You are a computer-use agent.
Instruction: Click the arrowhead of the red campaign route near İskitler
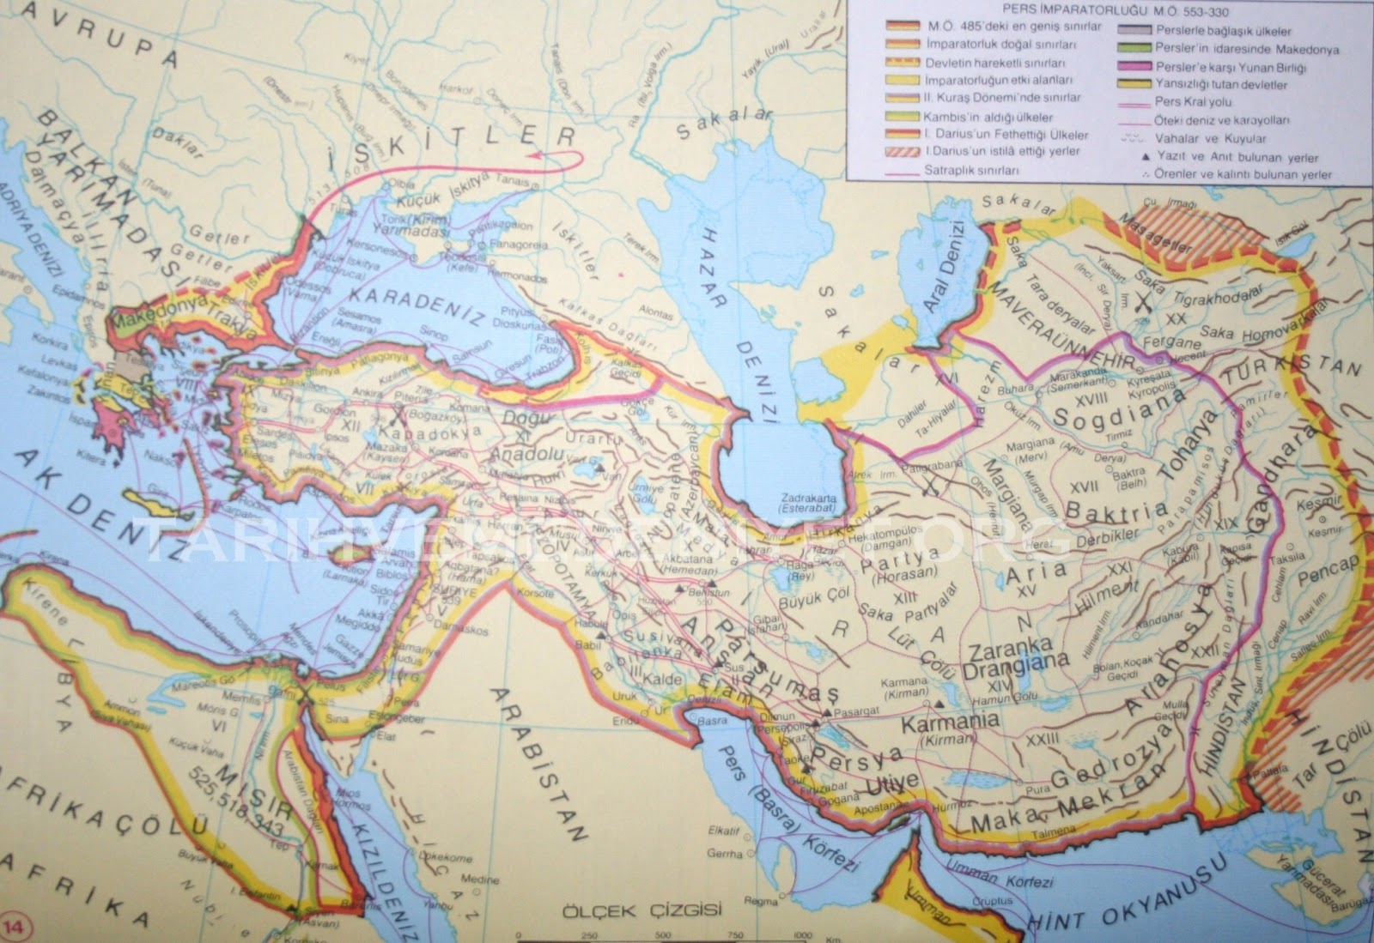(534, 154)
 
